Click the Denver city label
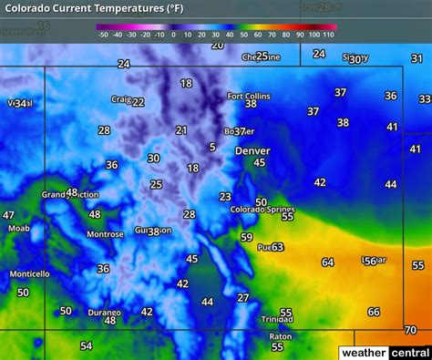[252, 150]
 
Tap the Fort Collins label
[247, 95]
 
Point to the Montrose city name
[105, 234]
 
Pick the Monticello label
[30, 274]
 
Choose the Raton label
[280, 335]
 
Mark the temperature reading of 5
[212, 147]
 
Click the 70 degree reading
[410, 329]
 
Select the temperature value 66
[374, 312]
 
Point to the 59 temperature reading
[246, 237]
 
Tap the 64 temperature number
[327, 262]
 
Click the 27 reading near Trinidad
[243, 297]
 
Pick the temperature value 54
[86, 345]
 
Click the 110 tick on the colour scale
[328, 35]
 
